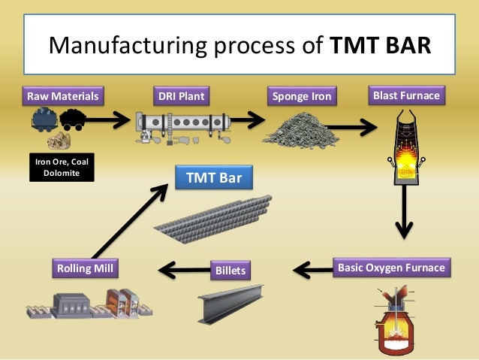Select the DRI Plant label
pyautogui.click(x=181, y=96)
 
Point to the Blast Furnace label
pyautogui.click(x=406, y=95)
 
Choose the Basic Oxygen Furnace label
pyautogui.click(x=392, y=268)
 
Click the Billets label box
pyautogui.click(x=230, y=269)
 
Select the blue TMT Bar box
pyautogui.click(x=213, y=177)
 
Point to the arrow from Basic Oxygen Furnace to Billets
pyautogui.click(x=311, y=268)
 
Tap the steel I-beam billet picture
pyautogui.click(x=230, y=301)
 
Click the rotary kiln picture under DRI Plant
pyautogui.click(x=181, y=125)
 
